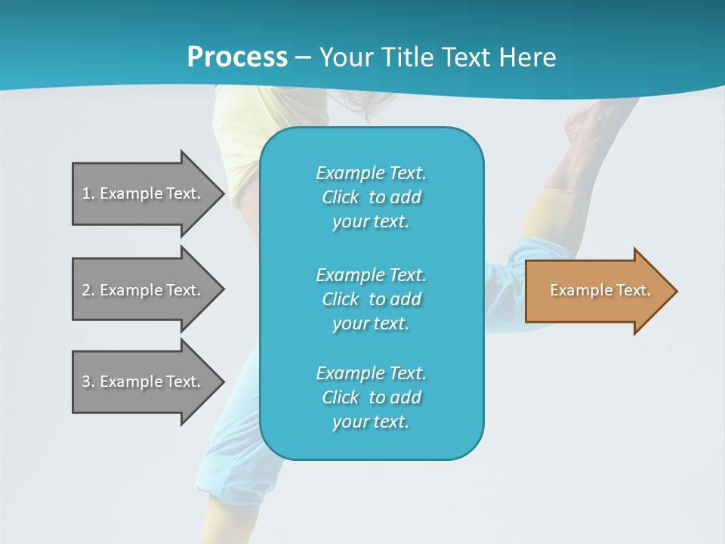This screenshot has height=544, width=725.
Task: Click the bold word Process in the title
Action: [237, 57]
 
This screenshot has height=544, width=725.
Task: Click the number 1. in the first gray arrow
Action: [88, 193]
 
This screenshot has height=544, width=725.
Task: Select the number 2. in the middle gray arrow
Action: [88, 290]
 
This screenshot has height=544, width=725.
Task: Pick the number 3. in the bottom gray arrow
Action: [88, 382]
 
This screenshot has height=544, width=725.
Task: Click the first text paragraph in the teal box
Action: [372, 197]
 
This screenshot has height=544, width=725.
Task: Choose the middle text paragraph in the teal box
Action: [372, 298]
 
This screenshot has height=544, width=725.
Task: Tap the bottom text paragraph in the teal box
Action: [372, 397]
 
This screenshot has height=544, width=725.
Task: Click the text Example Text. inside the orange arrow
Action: [600, 290]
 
